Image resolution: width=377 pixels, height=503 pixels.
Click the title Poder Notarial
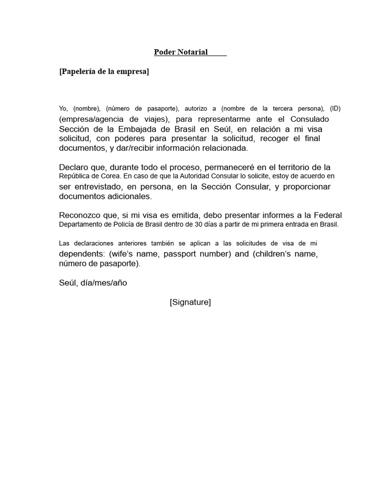[181, 52]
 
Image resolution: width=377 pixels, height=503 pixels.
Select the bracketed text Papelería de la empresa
[104, 72]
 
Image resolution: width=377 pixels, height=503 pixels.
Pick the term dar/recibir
[135, 148]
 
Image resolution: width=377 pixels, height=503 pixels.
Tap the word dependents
[81, 254]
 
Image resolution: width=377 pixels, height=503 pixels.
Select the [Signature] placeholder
[190, 302]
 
